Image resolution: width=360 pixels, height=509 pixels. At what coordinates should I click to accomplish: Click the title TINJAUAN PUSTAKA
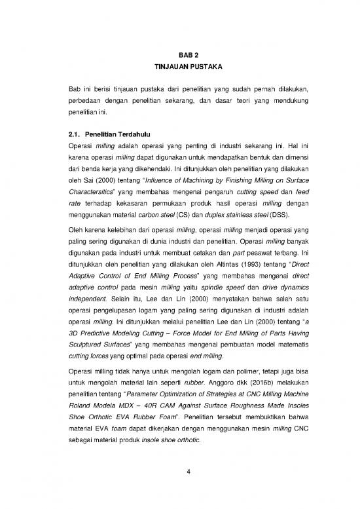click(x=179, y=67)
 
